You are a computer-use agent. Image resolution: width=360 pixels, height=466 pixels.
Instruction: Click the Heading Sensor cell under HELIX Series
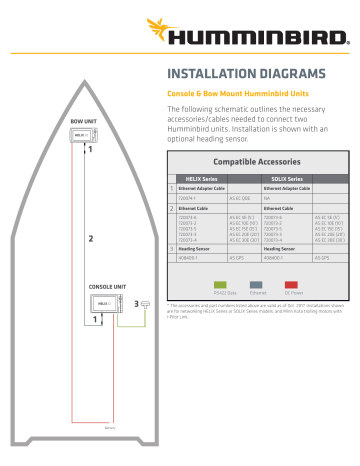(194, 248)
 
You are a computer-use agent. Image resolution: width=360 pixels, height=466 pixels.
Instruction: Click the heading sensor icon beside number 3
(146, 302)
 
